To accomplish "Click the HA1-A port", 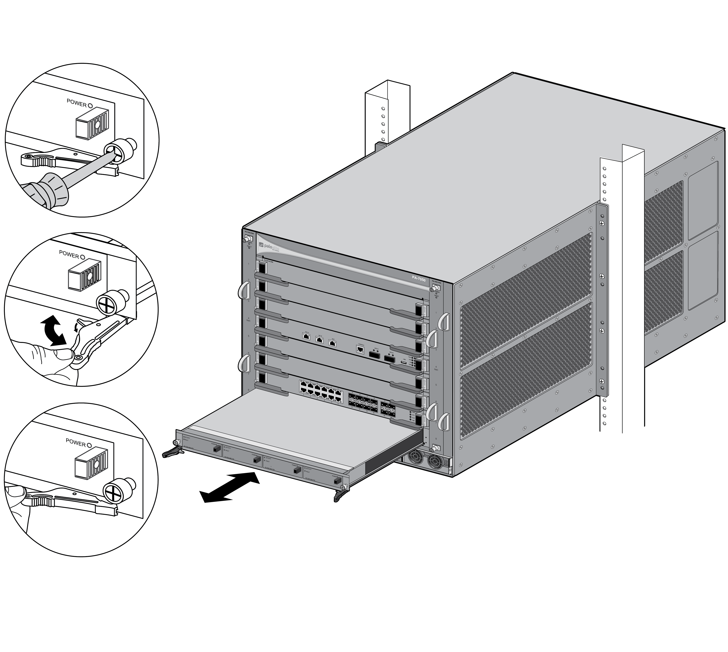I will point(306,336).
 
